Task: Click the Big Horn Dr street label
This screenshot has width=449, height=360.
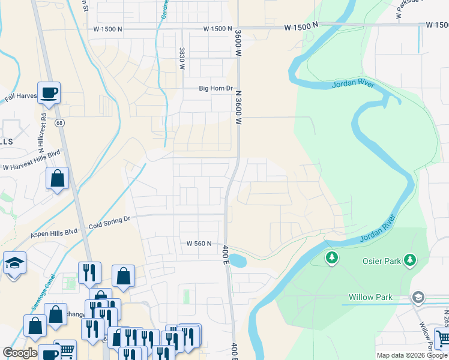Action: point(215,88)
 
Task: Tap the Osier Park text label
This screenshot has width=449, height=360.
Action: point(382,261)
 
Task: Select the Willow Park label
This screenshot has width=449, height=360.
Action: point(370,297)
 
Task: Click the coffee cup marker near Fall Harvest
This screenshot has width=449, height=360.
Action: point(49,94)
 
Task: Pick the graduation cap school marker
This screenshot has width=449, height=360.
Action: point(14,263)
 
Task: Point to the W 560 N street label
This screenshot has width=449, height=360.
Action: point(199,244)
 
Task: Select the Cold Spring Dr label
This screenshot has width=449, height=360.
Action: point(109,223)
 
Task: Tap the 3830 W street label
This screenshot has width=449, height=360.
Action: point(181,59)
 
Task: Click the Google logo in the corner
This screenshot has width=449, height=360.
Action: point(20,352)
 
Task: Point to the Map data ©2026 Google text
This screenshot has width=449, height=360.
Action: point(411,355)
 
